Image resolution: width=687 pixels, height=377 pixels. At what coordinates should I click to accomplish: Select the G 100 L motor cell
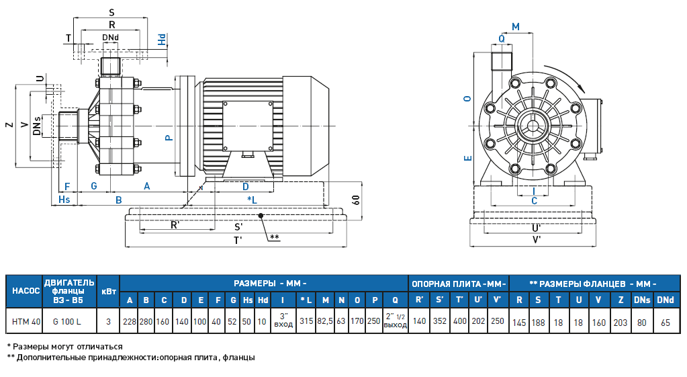(x=69, y=321)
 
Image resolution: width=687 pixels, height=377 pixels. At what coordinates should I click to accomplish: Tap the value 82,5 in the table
(x=326, y=321)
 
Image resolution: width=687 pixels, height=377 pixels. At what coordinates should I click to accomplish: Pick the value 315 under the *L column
(x=306, y=321)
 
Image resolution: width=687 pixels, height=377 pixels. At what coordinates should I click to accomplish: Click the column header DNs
(x=642, y=299)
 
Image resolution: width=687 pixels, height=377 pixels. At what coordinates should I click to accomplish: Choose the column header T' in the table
(x=459, y=299)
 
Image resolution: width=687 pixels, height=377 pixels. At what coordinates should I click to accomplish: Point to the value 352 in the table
(x=440, y=321)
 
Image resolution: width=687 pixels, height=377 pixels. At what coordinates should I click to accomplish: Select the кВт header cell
(x=108, y=292)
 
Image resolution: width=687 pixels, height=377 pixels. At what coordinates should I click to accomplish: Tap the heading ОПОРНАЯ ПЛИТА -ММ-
(x=459, y=283)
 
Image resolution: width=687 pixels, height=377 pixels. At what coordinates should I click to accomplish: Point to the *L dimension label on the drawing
(x=253, y=200)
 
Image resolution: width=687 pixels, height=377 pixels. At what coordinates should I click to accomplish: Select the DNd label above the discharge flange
(x=111, y=37)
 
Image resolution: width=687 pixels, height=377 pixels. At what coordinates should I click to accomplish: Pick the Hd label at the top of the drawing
(x=162, y=40)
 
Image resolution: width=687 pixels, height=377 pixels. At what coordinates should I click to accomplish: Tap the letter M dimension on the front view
(x=516, y=26)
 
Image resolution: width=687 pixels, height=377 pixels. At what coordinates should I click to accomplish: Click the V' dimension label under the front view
(x=537, y=239)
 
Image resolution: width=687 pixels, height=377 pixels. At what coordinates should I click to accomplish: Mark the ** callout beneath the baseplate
(x=274, y=237)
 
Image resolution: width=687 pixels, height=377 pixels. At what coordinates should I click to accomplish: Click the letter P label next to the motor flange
(x=169, y=137)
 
